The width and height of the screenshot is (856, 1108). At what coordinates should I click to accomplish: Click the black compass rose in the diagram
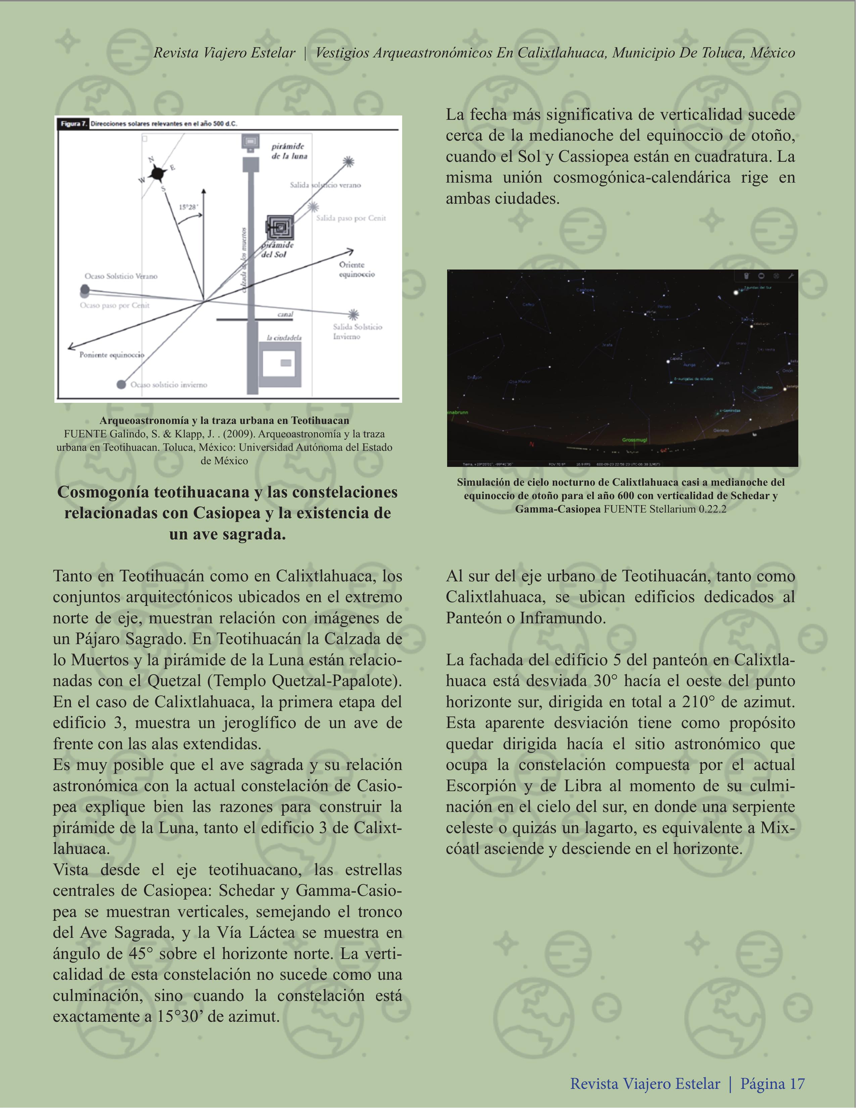[158, 174]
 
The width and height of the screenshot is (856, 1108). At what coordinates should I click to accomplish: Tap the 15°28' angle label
[188, 207]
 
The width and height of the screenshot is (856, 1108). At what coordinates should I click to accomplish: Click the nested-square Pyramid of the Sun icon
[280, 227]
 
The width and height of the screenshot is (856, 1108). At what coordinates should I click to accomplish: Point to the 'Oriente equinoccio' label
[357, 270]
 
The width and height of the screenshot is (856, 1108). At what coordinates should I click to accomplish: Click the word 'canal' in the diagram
[285, 314]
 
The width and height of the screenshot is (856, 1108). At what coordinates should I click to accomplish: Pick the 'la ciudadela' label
[284, 337]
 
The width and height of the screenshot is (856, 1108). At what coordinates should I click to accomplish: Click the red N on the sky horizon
[532, 444]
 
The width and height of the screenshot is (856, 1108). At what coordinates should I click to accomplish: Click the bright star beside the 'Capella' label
[668, 361]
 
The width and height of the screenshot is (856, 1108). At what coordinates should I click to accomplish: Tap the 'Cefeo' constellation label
[528, 304]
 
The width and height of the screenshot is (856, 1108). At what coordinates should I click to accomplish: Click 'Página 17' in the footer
[772, 1083]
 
